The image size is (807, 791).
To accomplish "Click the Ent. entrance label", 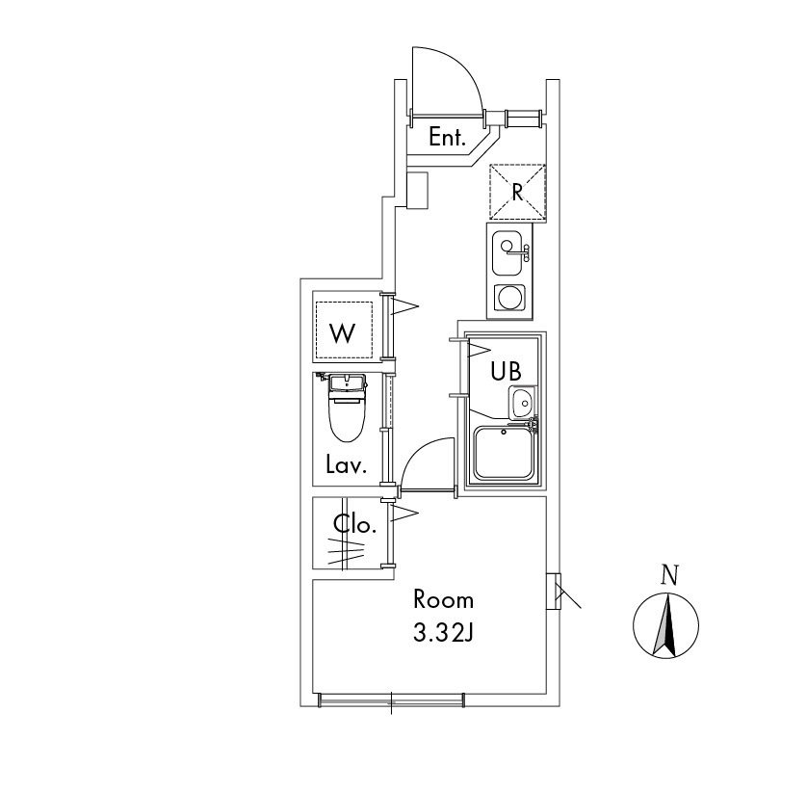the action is click(447, 138).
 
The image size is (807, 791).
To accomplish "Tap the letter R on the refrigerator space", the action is click(517, 193).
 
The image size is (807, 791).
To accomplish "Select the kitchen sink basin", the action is click(508, 252).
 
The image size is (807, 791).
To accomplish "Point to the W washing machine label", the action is click(343, 333).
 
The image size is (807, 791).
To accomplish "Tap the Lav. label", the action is click(346, 465).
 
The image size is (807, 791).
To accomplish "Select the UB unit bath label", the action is click(506, 371).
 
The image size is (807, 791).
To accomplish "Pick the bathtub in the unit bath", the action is click(504, 453).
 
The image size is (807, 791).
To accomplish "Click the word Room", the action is click(444, 600).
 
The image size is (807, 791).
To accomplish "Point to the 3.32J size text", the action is click(443, 633).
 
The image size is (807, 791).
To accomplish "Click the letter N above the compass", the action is click(670, 576).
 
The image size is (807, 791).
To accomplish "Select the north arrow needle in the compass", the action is click(665, 625).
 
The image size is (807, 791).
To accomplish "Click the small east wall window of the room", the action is click(554, 592).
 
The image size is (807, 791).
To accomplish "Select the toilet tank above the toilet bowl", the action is click(347, 385).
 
